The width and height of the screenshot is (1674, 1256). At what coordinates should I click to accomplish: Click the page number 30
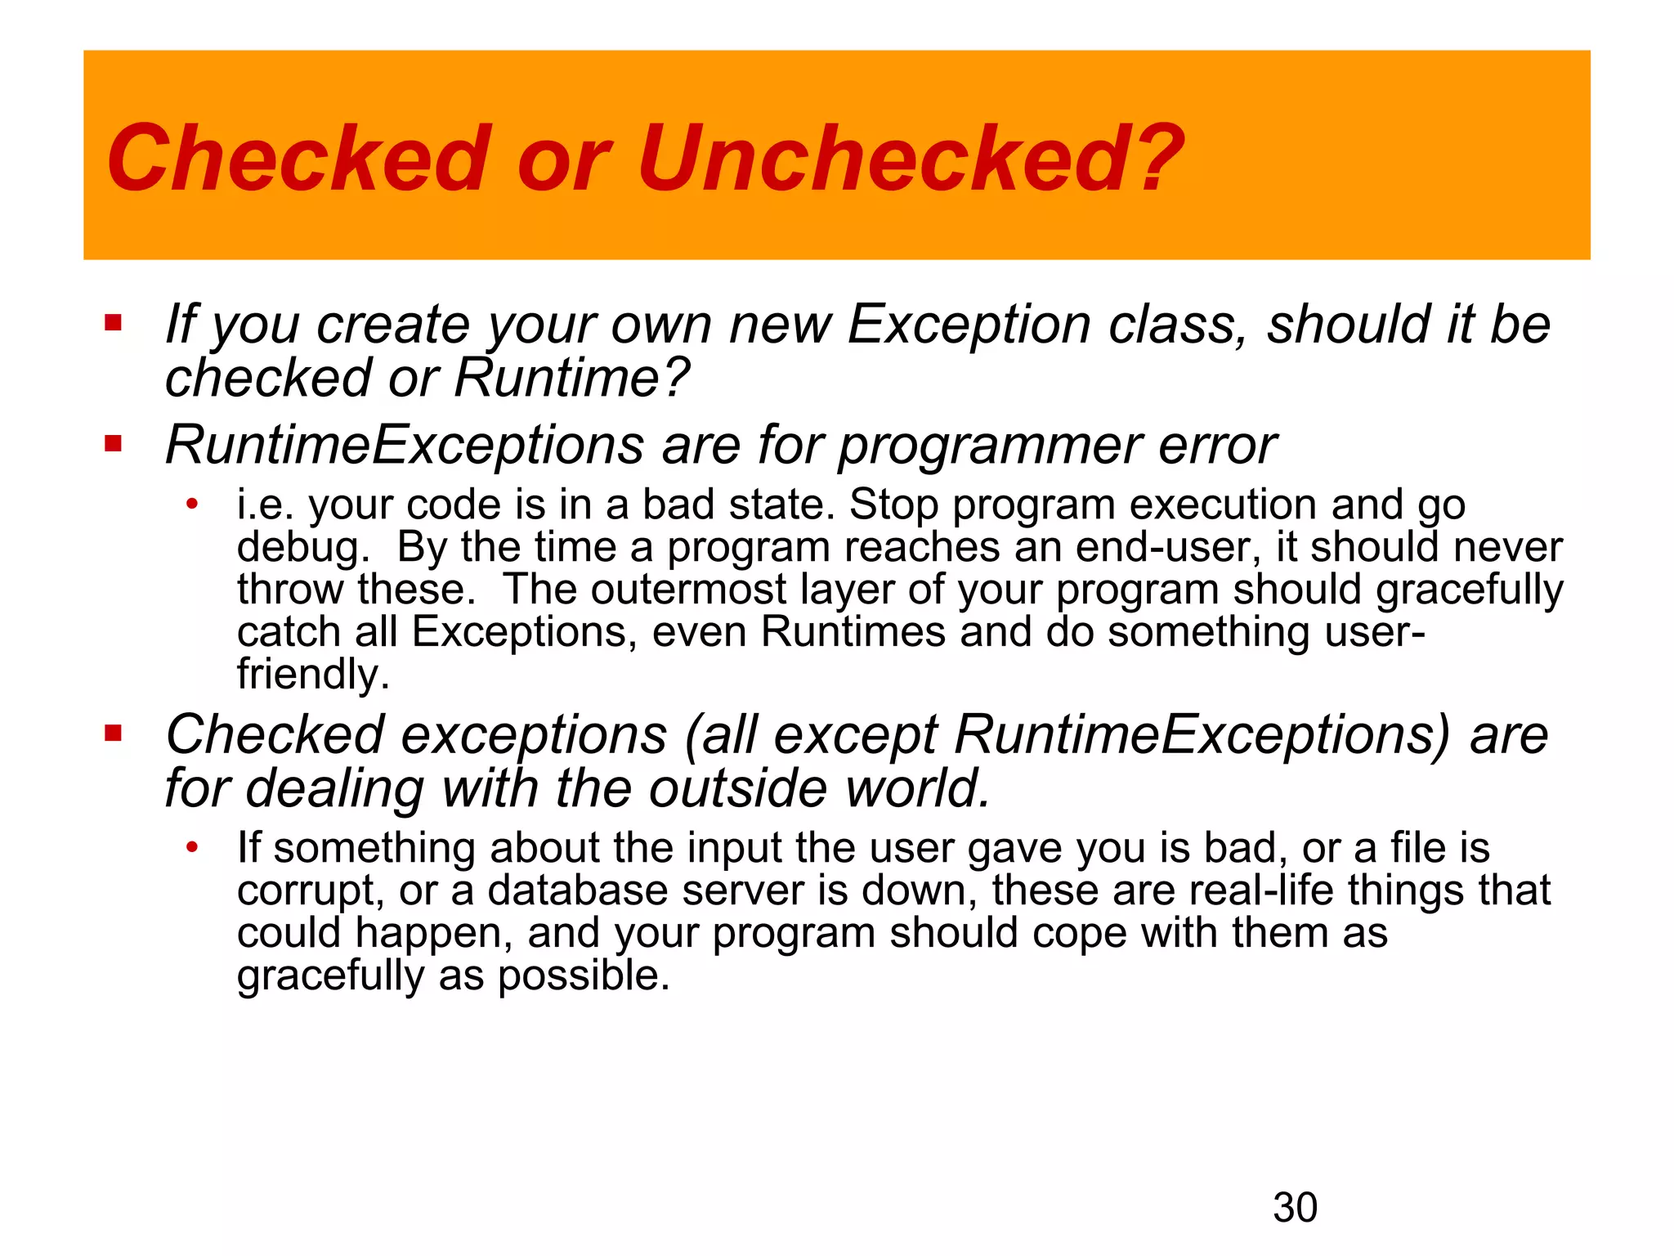click(1295, 1208)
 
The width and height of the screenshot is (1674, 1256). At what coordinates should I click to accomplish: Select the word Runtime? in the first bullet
click(571, 378)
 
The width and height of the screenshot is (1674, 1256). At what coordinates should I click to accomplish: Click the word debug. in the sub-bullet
click(303, 548)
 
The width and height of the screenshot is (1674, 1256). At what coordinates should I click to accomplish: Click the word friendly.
click(313, 675)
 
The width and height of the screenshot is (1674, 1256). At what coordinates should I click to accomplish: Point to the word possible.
click(584, 976)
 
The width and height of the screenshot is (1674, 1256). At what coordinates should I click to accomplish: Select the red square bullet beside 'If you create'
click(113, 323)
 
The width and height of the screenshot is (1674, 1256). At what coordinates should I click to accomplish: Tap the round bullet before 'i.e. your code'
click(192, 504)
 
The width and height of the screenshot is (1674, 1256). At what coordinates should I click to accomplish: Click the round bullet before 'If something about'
click(192, 847)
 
